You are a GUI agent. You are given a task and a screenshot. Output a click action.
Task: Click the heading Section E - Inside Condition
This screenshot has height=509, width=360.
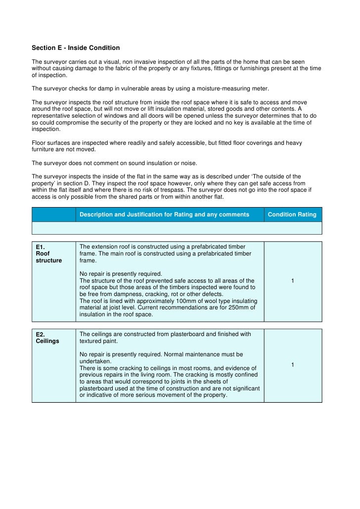click(76, 48)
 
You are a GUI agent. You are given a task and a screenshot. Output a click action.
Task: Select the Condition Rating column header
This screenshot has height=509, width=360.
click(292, 214)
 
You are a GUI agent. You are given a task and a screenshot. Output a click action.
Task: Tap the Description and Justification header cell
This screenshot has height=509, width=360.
click(164, 214)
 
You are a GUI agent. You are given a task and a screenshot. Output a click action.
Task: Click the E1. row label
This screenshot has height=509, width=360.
click(41, 247)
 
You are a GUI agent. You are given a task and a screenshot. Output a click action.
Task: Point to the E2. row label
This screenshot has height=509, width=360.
click(41, 334)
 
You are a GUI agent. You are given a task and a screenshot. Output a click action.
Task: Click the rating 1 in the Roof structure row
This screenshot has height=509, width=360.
click(293, 281)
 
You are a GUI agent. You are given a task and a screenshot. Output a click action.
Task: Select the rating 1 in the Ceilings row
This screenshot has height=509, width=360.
click(293, 365)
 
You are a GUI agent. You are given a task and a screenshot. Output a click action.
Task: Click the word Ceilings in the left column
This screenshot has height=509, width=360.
click(47, 341)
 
